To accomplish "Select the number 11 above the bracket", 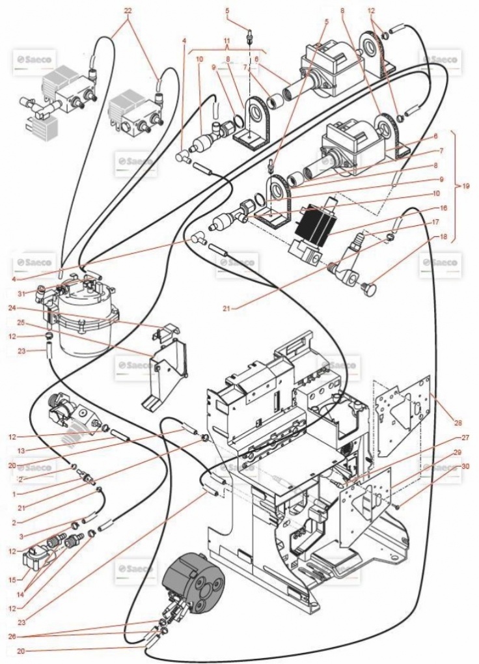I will pyautogui.click(x=227, y=40).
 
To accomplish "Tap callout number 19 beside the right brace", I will pyautogui.click(x=465, y=186).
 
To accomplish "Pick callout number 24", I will pyautogui.click(x=21, y=308).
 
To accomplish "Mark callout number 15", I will pyautogui.click(x=21, y=579).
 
